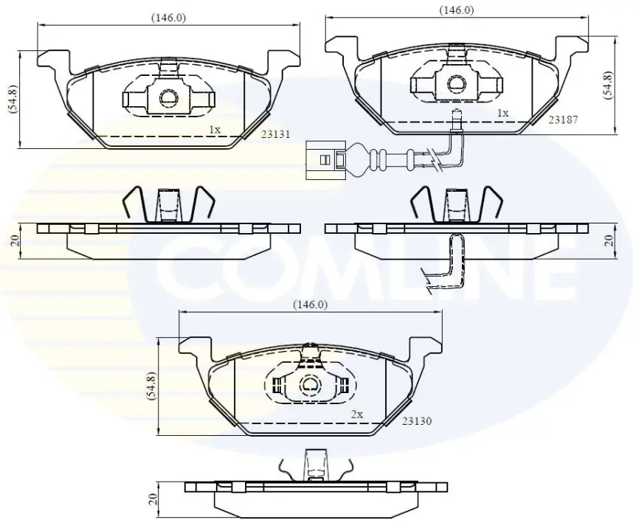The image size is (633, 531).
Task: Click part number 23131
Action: point(275,134)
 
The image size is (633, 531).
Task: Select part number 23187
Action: point(563,119)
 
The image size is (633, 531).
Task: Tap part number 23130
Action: point(417,421)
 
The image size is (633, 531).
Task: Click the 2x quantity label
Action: point(357,414)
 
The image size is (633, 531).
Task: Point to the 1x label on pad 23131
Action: point(215,130)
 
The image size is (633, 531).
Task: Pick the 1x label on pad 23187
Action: point(502,113)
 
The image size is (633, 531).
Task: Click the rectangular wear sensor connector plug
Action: point(325,160)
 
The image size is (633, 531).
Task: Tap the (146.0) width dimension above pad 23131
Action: point(168,18)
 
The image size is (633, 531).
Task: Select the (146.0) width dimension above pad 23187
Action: point(457,10)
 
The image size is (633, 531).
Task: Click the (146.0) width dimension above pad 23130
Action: point(310,305)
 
